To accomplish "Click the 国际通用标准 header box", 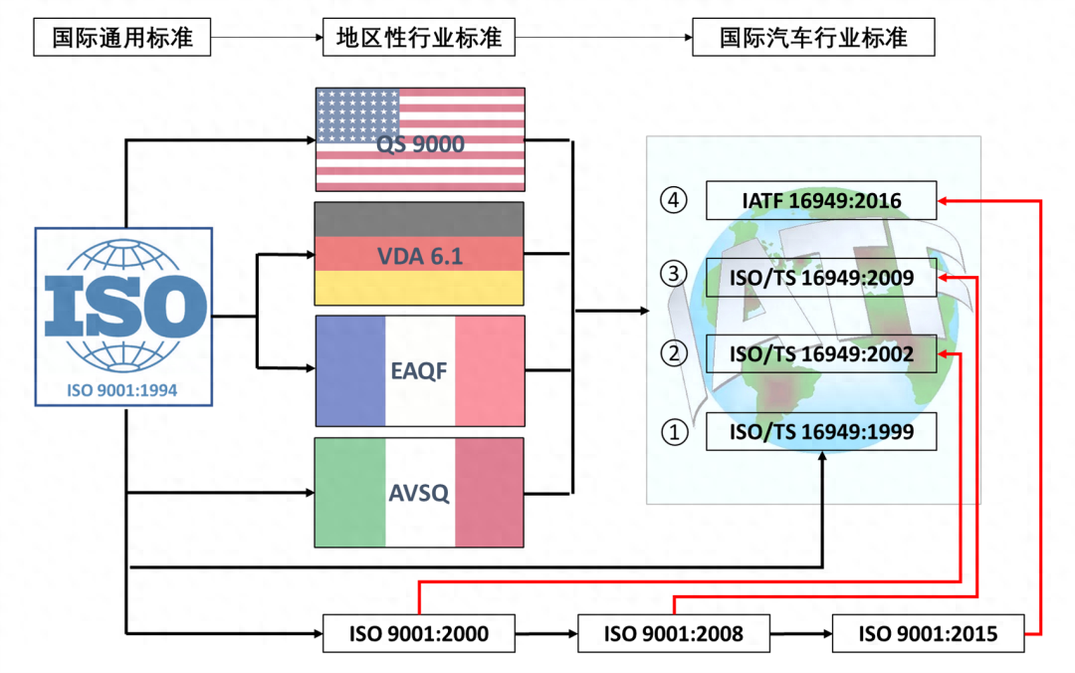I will click(x=122, y=39).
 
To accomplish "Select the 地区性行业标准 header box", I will click(x=418, y=39).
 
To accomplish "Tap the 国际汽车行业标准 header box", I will click(x=813, y=39).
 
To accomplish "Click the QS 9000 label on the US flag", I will click(x=420, y=144).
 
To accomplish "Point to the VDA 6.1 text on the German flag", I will click(x=419, y=256).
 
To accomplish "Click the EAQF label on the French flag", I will click(x=419, y=372).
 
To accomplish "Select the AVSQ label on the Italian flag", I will click(x=419, y=492).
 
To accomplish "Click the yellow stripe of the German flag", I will click(x=419, y=289).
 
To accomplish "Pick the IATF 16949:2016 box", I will click(x=821, y=200).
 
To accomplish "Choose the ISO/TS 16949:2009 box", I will click(x=821, y=278).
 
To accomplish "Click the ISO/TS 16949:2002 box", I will click(x=821, y=354).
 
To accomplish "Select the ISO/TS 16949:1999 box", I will click(x=821, y=432).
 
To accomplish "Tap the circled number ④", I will click(x=674, y=200).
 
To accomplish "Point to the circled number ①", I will click(x=674, y=432).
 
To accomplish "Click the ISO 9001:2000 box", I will click(x=419, y=633).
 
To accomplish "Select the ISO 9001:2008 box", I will click(x=674, y=633).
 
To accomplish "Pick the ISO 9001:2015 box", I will click(x=928, y=633).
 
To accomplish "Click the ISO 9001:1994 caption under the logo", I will click(x=122, y=390).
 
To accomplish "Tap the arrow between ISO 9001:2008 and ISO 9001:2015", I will click(x=801, y=633).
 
